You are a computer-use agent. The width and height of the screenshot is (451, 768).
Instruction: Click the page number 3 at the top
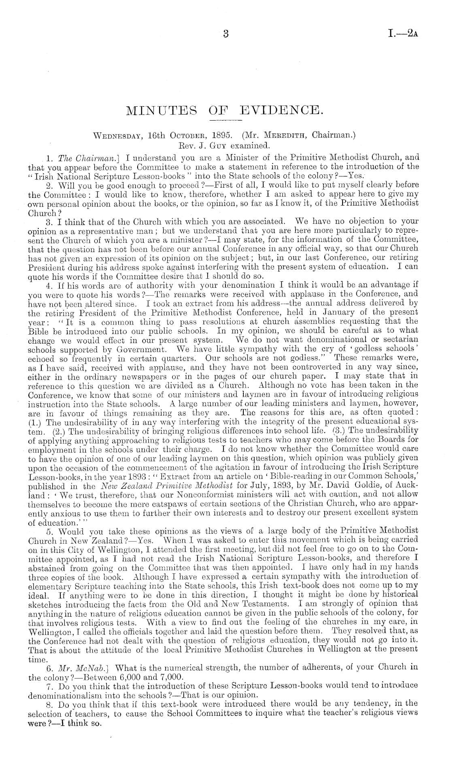click(x=226, y=34)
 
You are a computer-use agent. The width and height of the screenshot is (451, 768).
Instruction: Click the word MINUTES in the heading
click(x=158, y=110)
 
